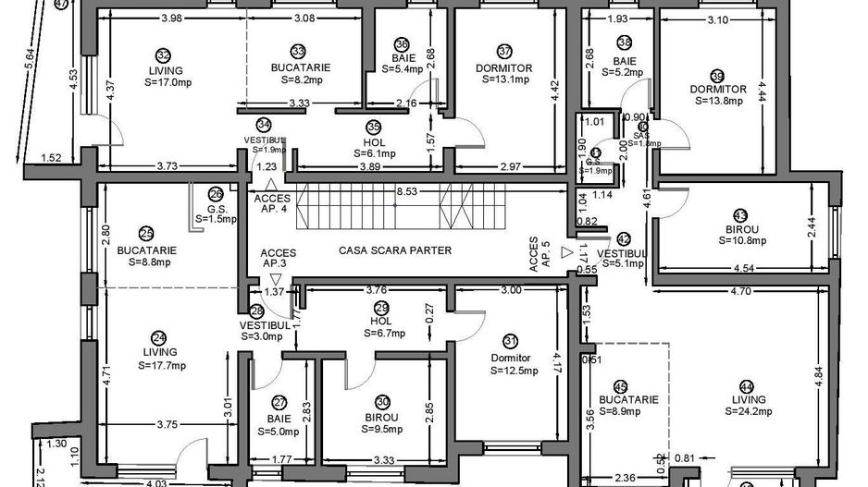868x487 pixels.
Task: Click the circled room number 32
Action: [x=164, y=55]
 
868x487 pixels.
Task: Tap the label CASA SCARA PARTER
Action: [x=395, y=250]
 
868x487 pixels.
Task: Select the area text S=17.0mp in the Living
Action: [x=164, y=81]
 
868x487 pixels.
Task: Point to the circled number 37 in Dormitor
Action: [x=504, y=52]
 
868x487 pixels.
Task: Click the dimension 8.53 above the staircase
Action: [x=405, y=192]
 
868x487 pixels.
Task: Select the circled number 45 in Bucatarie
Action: [x=620, y=387]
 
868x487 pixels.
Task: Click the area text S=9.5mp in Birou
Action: [x=381, y=429]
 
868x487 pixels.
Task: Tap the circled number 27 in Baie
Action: [x=278, y=404]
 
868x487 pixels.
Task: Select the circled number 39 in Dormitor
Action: [x=716, y=77]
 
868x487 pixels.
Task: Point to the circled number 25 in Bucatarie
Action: [x=146, y=235]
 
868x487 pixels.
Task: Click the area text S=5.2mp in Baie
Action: [x=625, y=69]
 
